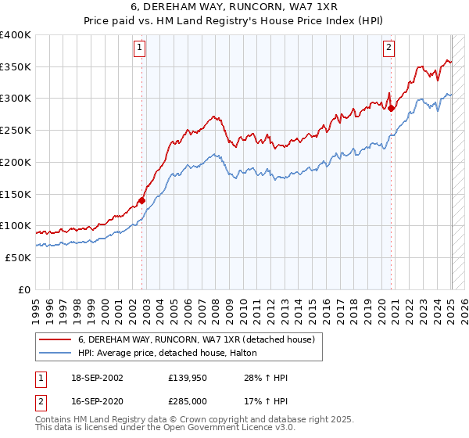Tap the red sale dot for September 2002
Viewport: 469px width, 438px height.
pyautogui.click(x=141, y=200)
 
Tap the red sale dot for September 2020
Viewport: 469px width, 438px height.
pyautogui.click(x=391, y=109)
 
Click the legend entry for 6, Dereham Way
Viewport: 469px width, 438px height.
pyautogui.click(x=195, y=339)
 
